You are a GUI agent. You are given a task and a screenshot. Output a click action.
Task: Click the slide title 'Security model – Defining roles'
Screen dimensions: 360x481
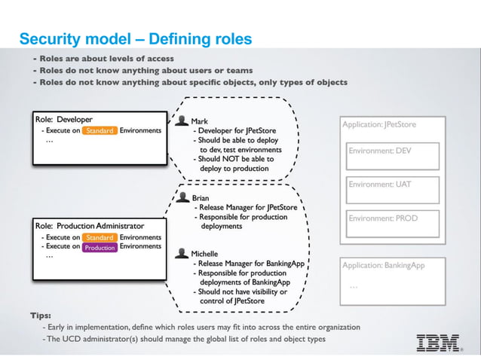(x=135, y=38)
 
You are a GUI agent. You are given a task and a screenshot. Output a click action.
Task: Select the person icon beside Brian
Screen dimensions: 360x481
(x=182, y=198)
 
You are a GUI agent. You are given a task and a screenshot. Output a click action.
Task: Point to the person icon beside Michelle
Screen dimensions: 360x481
(x=182, y=255)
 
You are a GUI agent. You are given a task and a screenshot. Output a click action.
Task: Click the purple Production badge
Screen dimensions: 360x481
(x=100, y=247)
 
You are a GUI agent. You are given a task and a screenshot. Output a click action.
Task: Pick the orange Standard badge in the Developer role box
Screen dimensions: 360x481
(x=100, y=130)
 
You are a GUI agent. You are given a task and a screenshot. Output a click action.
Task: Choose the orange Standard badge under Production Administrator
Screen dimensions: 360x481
(x=100, y=237)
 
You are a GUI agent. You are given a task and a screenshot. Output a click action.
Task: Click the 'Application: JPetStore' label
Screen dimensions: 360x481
(x=379, y=124)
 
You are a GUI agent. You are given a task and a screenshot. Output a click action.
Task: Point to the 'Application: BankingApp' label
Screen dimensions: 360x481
(x=383, y=266)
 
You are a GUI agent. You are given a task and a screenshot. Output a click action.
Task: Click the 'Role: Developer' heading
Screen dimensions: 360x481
(x=64, y=119)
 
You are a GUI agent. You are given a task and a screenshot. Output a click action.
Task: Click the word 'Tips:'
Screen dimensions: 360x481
(x=41, y=315)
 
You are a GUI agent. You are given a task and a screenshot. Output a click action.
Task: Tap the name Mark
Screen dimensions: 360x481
(x=200, y=121)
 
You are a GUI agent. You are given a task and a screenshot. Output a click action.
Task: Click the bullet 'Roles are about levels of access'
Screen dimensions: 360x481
(x=106, y=58)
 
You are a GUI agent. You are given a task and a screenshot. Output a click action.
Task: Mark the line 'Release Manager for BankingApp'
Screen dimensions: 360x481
(x=248, y=264)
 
